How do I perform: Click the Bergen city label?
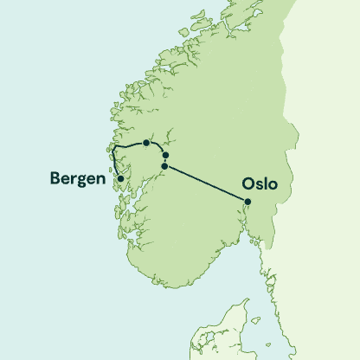(x=76, y=179)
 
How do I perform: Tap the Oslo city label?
(x=260, y=184)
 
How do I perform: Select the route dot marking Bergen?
(x=120, y=178)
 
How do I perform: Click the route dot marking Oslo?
(x=247, y=202)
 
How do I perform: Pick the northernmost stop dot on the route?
(x=147, y=143)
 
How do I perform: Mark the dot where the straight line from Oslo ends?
(x=164, y=165)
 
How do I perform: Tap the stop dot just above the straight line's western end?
(x=165, y=155)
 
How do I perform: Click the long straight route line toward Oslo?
(x=206, y=183)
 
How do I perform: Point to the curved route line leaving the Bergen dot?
(x=113, y=164)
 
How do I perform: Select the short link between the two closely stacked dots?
(x=165, y=160)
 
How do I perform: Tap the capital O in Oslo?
(x=249, y=184)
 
